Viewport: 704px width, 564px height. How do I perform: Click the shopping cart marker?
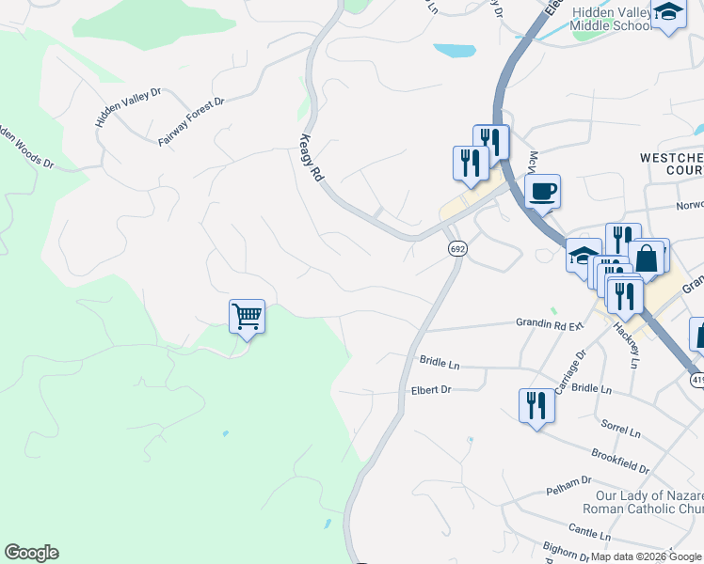247,317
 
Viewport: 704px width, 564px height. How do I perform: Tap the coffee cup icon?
542,193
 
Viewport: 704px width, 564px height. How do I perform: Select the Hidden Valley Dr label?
128,108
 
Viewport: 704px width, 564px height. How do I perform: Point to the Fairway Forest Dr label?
191,121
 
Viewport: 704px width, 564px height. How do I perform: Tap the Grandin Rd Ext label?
550,324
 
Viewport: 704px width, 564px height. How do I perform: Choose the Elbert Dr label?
431,389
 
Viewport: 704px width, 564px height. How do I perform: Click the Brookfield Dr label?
620,461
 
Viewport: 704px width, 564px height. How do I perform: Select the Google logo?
31,553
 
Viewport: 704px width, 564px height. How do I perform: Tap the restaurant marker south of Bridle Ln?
536,405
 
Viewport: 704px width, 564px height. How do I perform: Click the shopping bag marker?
647,257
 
